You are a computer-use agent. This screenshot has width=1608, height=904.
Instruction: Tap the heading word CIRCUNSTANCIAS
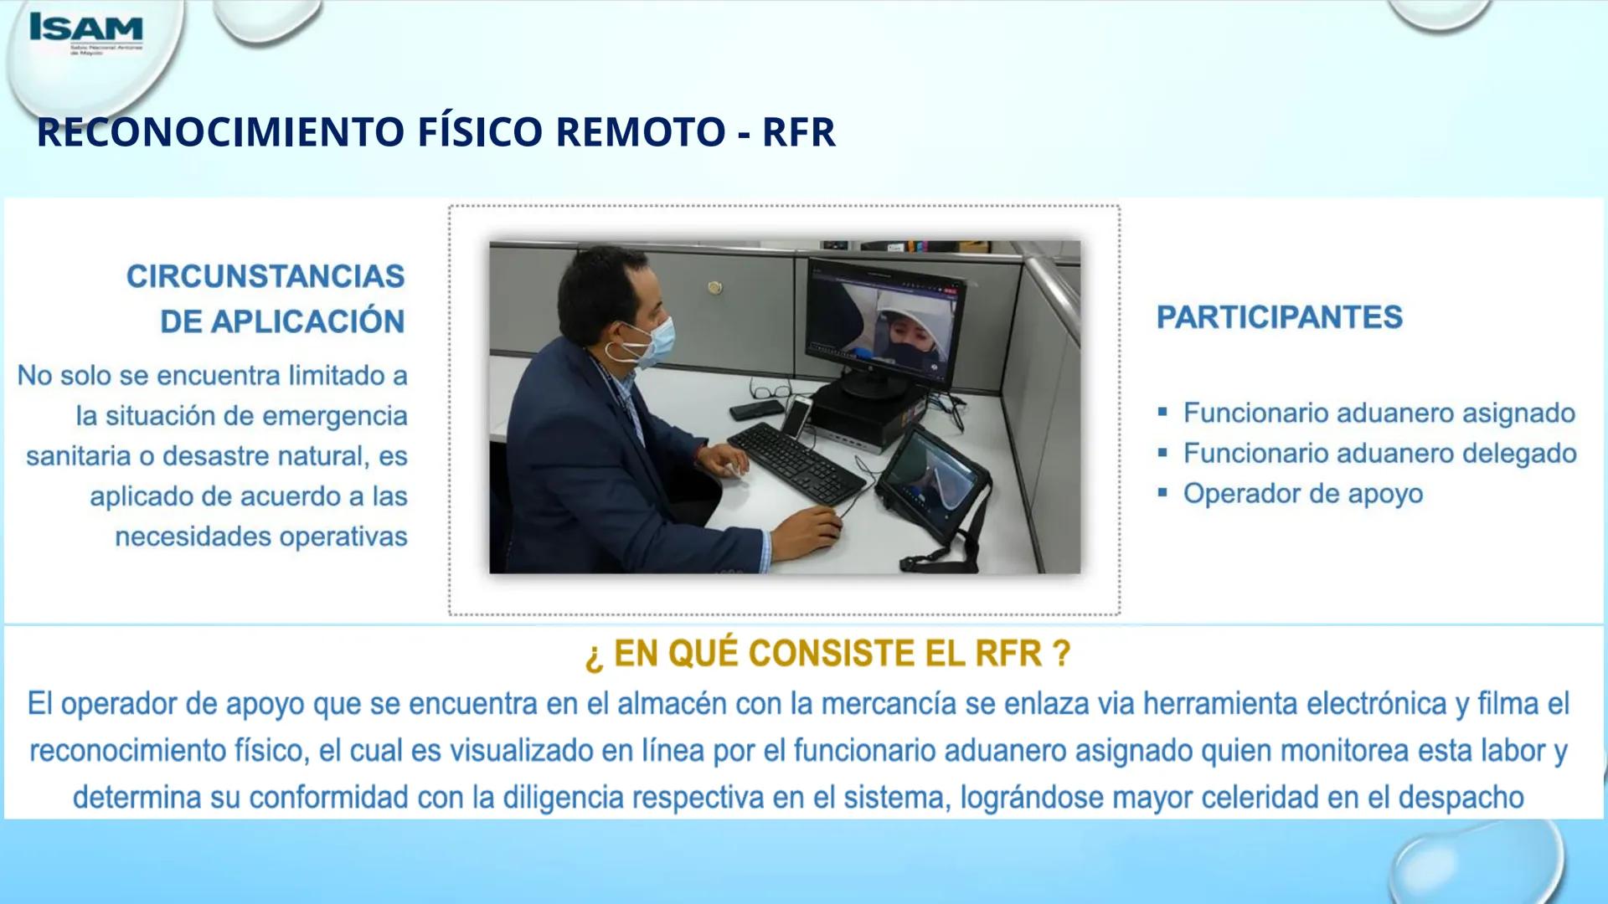(265, 276)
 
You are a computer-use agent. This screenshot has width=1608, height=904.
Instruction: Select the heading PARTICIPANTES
(1279, 317)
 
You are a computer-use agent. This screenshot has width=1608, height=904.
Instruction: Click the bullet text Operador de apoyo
(1302, 494)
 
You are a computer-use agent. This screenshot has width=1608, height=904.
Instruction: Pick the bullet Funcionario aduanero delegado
(1379, 454)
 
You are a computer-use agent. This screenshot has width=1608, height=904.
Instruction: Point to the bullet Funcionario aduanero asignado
(1379, 413)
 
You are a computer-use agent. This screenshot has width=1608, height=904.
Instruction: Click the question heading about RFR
(827, 653)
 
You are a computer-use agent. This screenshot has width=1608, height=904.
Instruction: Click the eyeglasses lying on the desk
(772, 388)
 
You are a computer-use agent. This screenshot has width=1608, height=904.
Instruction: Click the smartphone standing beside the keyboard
(797, 416)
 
